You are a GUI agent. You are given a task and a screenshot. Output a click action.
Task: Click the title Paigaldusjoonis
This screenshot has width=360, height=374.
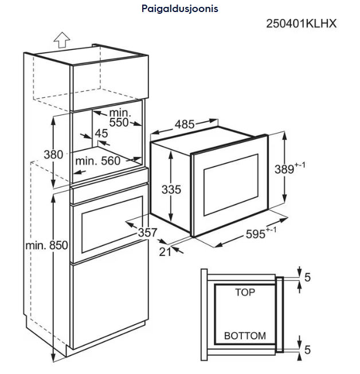(x=179, y=9)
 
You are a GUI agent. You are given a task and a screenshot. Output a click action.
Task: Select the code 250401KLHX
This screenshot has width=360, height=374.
(x=300, y=24)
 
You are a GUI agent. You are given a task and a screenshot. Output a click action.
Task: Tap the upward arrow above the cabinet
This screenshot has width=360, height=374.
(x=61, y=40)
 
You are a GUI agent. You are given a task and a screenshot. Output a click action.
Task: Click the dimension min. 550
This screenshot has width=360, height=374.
(x=120, y=117)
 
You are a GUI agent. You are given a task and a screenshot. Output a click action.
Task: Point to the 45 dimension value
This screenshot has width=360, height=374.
(x=101, y=133)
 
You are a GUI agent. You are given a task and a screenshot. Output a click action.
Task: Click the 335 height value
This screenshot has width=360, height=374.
(x=171, y=190)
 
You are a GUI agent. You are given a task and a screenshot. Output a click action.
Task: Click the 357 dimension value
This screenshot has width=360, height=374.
(x=148, y=233)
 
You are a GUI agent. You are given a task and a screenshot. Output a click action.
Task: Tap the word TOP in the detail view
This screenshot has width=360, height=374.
(x=245, y=292)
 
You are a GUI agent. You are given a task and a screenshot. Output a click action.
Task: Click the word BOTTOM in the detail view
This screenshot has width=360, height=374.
(x=245, y=336)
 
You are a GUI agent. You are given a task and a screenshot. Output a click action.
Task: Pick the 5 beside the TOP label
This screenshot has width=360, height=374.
(x=307, y=278)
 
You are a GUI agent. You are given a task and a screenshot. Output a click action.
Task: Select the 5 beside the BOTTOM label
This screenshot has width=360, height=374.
(x=307, y=349)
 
